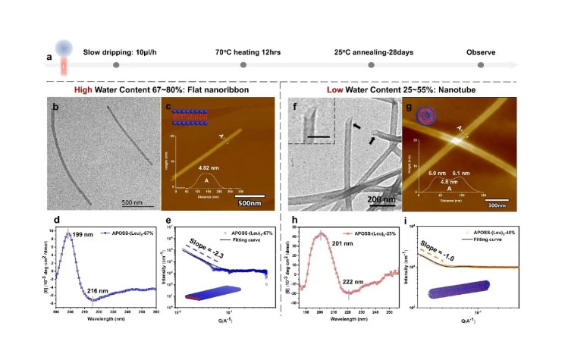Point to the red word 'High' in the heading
click(86, 89)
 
